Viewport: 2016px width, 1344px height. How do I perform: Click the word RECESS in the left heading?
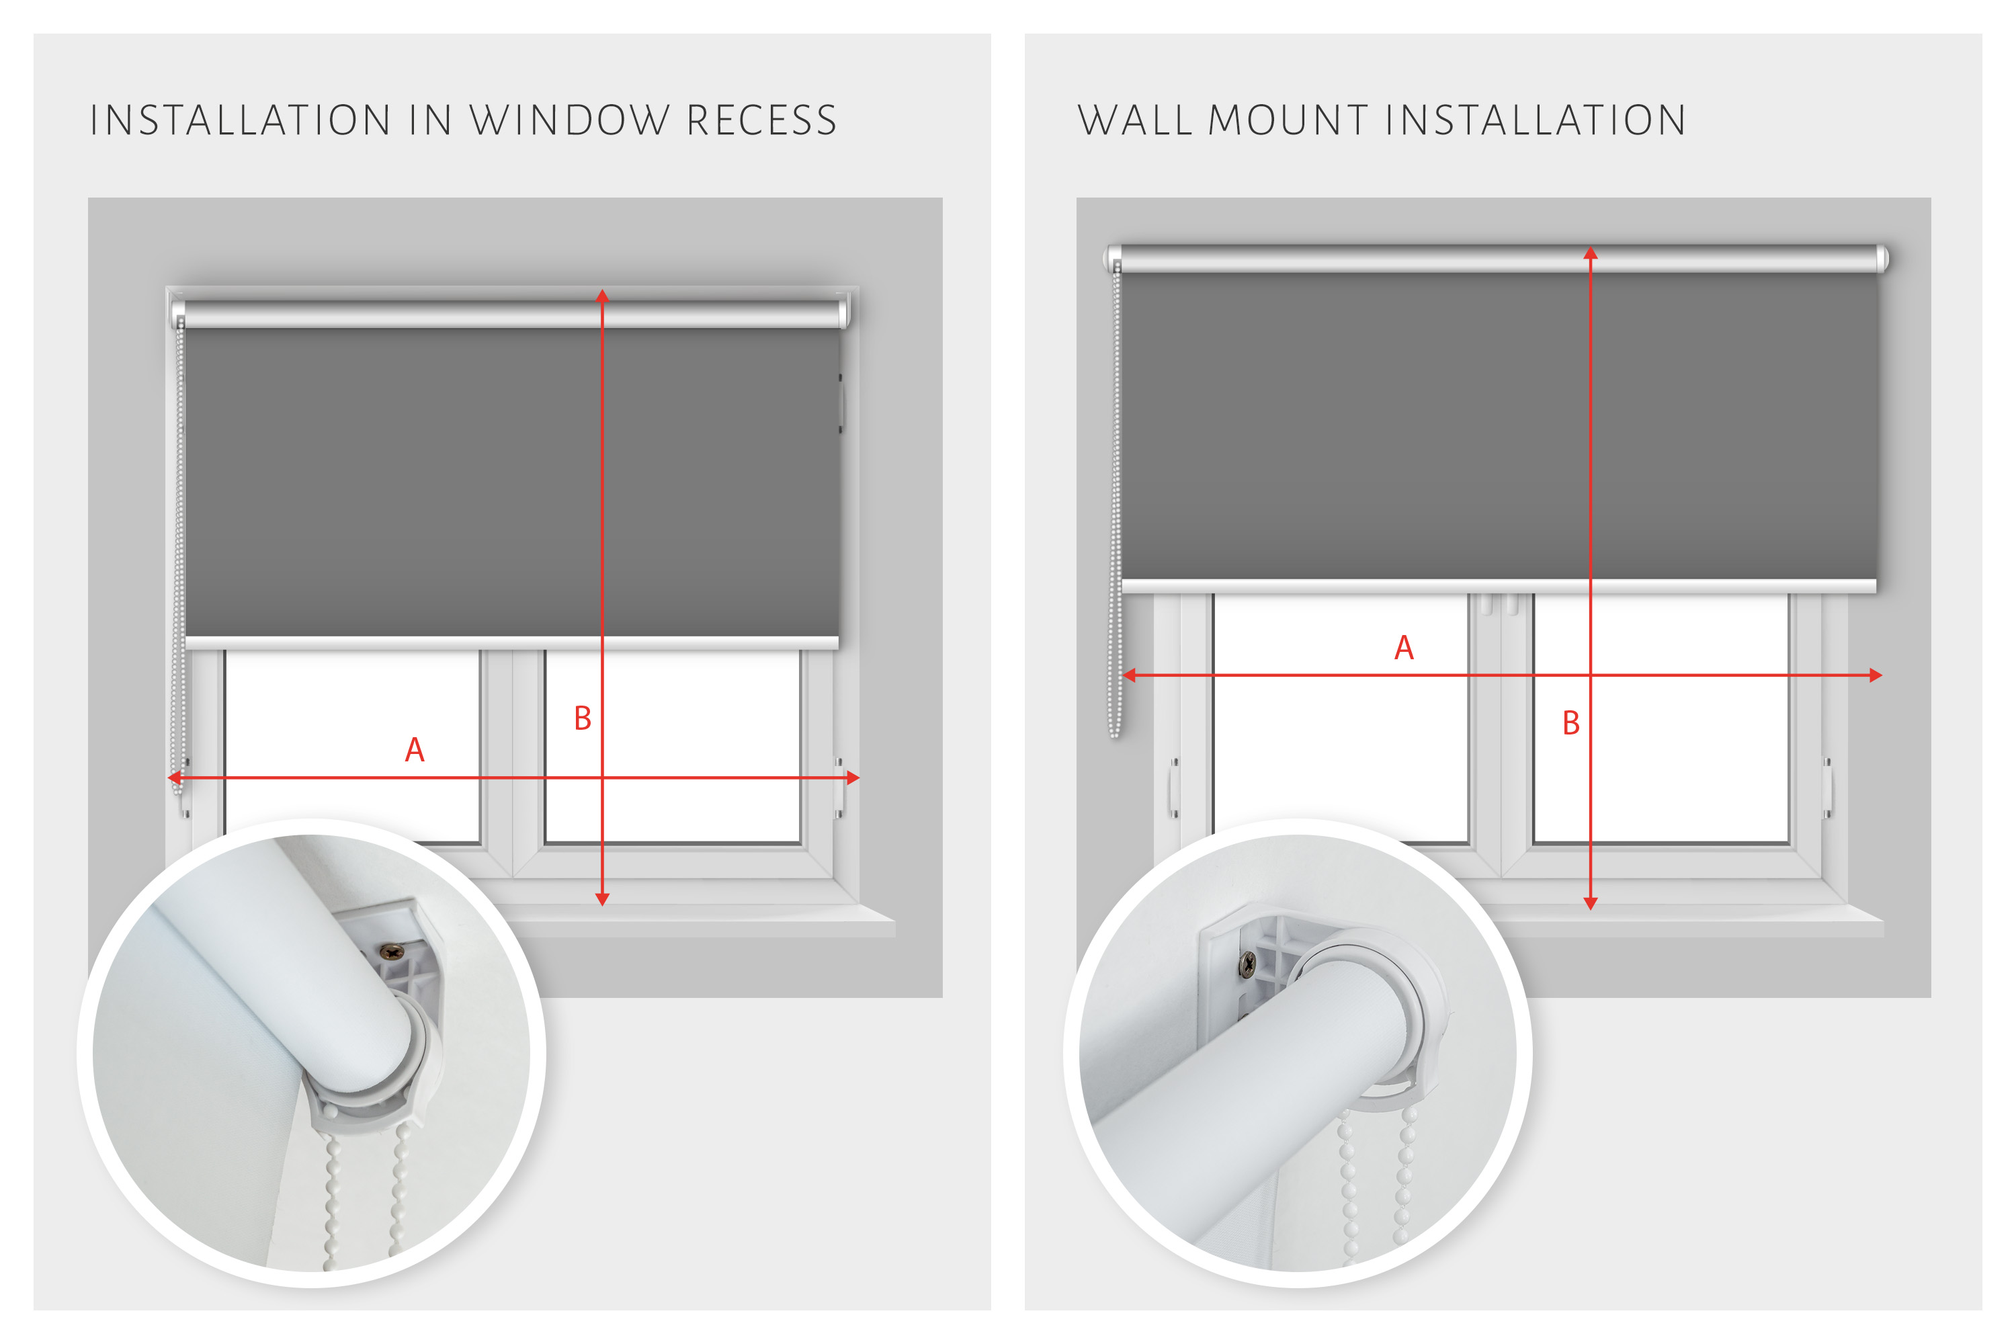[762, 120]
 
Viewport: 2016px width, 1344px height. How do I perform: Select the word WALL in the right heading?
[1135, 120]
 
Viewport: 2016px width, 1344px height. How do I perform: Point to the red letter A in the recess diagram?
[415, 750]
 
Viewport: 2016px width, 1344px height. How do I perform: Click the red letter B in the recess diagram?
[583, 718]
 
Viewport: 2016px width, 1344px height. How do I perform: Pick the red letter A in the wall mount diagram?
[1404, 648]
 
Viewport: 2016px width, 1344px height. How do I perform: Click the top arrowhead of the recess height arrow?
[603, 295]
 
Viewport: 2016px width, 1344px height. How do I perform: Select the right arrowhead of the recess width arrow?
[853, 778]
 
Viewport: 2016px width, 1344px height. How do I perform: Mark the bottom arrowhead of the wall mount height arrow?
[1591, 903]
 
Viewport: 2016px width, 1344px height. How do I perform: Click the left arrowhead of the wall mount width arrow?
[1129, 675]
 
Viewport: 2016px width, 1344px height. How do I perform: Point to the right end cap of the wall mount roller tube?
[1882, 259]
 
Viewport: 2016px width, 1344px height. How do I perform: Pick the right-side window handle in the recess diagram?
[839, 788]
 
